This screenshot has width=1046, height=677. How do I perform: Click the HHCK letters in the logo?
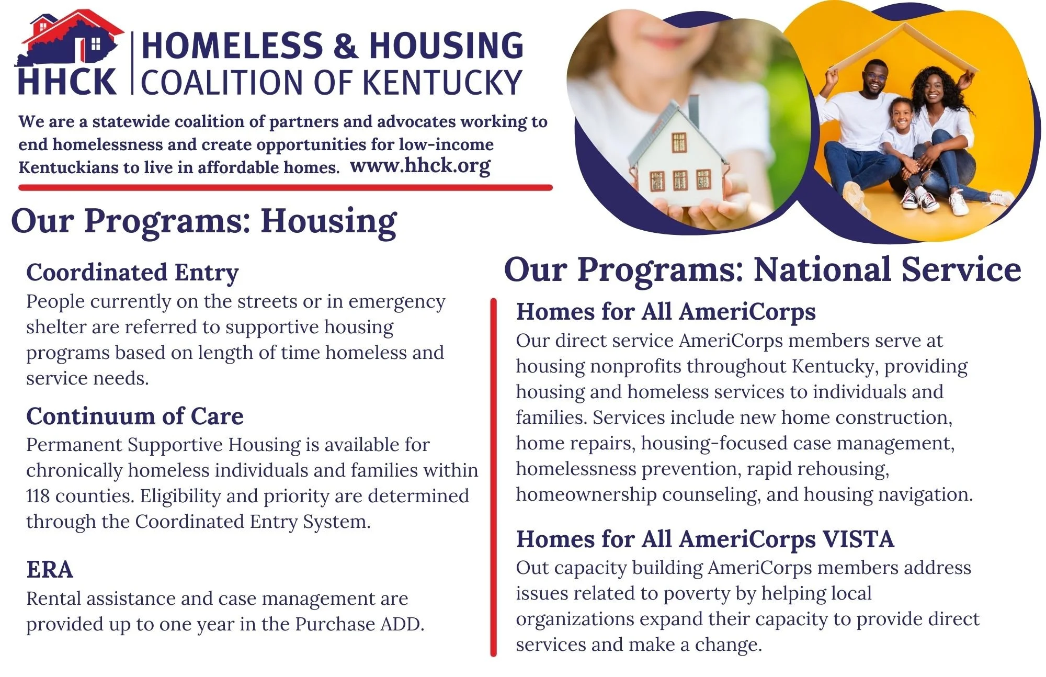point(67,82)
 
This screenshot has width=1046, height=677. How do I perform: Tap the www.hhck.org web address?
point(420,165)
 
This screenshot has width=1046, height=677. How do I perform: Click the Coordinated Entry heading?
point(132,272)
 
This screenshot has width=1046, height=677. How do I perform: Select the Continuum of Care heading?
point(135,416)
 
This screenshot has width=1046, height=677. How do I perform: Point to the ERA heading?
point(50,569)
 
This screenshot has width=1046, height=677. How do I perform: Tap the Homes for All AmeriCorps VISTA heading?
point(704,539)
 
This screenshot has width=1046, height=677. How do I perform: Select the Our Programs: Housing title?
point(204,221)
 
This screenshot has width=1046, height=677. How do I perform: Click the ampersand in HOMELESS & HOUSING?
point(345,45)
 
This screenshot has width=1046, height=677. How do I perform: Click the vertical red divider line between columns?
point(493,476)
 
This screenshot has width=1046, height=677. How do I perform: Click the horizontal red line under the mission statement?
point(285,187)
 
